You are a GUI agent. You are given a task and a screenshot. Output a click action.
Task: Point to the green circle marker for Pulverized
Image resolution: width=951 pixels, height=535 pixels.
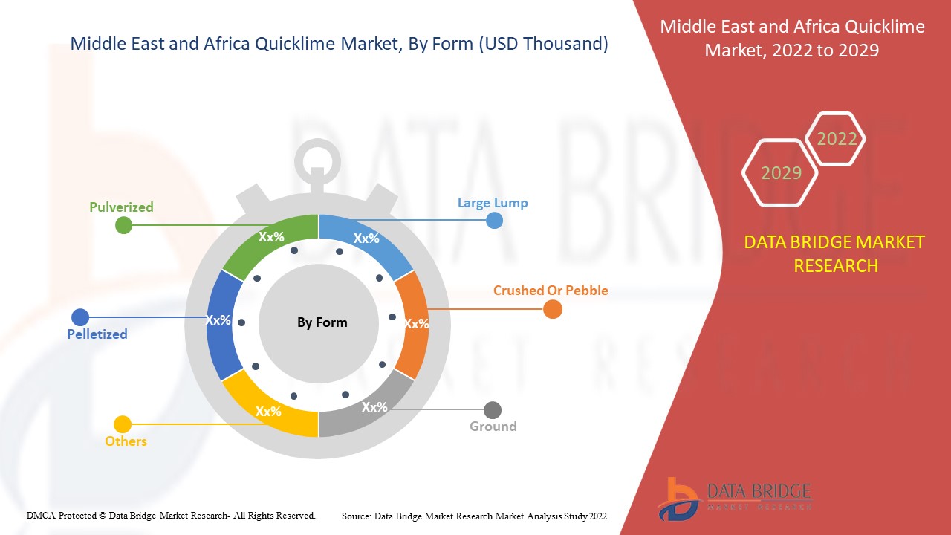point(124,225)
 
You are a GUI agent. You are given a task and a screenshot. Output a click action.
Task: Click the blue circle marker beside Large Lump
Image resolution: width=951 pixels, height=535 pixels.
point(494,220)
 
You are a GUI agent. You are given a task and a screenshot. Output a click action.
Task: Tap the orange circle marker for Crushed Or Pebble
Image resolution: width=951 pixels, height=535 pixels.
point(552,309)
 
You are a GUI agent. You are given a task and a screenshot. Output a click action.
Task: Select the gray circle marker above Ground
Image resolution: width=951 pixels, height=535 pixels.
point(493,409)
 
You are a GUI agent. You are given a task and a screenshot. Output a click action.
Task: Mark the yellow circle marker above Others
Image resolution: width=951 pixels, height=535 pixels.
point(123,424)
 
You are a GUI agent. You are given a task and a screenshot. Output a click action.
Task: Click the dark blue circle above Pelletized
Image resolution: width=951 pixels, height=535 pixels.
point(80,317)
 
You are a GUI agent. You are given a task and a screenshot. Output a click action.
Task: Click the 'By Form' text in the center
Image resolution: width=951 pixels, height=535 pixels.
point(322,322)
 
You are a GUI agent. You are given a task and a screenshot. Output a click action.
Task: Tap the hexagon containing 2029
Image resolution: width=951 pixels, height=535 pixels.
point(780,173)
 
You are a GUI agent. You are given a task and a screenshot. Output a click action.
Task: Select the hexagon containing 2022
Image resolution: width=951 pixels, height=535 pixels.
point(837,139)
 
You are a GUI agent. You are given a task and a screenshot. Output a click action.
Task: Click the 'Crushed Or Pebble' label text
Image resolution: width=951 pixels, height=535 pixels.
point(551,291)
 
